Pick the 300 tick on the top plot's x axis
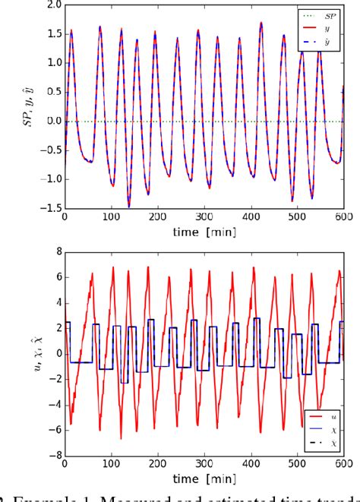pyautogui.click(x=203, y=218)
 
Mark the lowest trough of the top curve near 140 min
pyautogui.click(x=108, y=205)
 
